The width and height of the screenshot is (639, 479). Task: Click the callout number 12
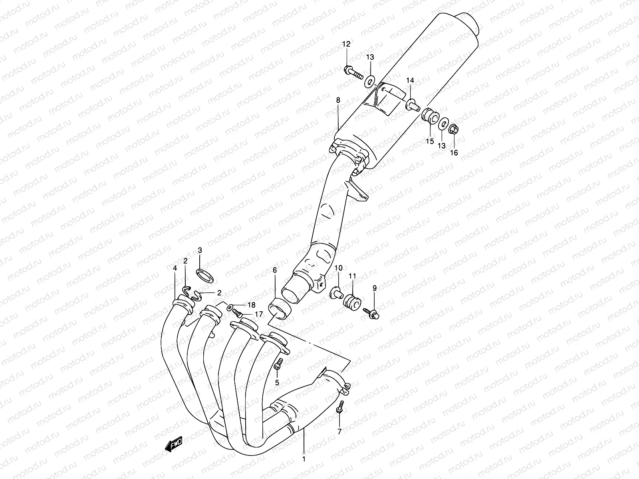click(x=346, y=44)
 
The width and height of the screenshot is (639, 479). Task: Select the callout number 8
click(x=338, y=100)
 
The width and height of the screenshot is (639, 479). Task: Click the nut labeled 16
click(x=454, y=129)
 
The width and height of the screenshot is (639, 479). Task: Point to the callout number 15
click(x=429, y=141)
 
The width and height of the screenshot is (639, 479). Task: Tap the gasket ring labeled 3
click(x=204, y=275)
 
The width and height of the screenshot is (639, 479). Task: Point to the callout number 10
click(x=338, y=268)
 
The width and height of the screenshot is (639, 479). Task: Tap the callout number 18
click(x=251, y=305)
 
